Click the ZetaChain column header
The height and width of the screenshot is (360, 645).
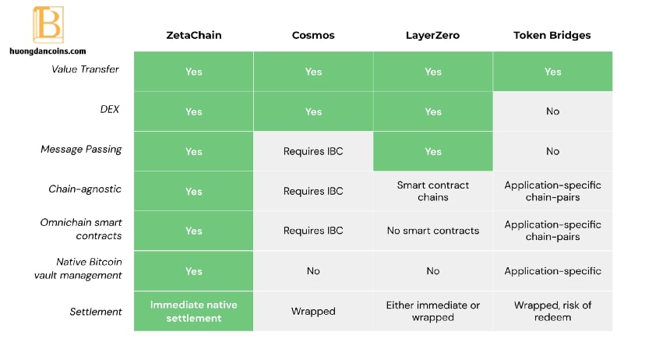click(194, 35)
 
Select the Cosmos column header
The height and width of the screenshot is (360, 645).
click(313, 35)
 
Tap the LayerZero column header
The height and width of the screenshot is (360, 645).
click(433, 35)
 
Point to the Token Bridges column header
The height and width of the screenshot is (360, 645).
click(552, 35)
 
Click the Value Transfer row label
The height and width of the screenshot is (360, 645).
click(85, 69)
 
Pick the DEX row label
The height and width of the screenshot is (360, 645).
click(110, 109)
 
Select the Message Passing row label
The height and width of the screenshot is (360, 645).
click(81, 150)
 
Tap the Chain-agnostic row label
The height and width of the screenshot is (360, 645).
click(85, 189)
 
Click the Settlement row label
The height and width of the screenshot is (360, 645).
click(96, 312)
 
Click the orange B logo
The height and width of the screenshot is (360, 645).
click(48, 24)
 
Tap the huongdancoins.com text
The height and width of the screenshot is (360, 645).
click(48, 51)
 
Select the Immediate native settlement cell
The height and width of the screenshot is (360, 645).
click(194, 311)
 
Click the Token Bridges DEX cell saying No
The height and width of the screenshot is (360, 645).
click(553, 111)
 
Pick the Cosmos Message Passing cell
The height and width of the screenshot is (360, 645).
click(313, 151)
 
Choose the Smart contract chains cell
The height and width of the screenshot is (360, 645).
click(433, 192)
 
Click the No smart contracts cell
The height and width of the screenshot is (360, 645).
click(433, 231)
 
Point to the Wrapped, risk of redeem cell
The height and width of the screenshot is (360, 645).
click(553, 311)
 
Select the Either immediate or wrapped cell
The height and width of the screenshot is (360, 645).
click(433, 311)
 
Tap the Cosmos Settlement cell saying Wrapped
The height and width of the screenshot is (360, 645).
click(313, 311)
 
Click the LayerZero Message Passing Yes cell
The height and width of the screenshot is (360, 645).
click(433, 151)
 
